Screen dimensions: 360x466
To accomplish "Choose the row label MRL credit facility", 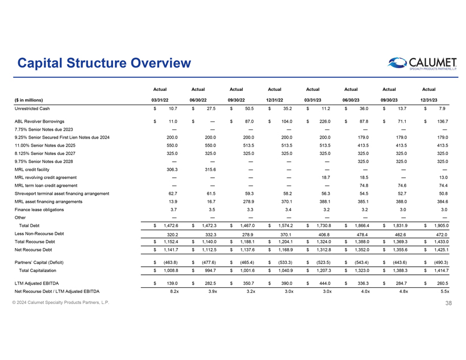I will coord(30,169).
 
